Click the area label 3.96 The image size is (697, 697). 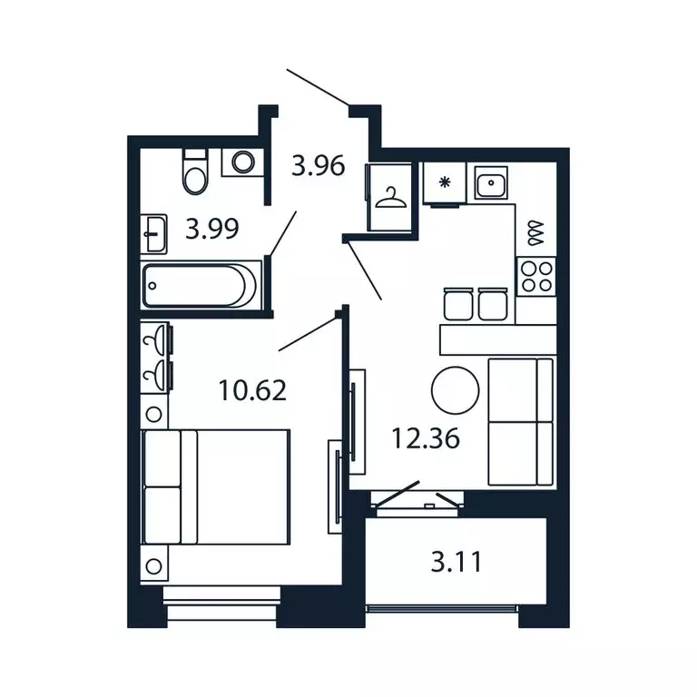(x=318, y=166)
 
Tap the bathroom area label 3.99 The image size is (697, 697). (x=211, y=229)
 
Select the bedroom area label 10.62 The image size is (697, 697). (x=252, y=390)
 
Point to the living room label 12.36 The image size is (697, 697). (x=426, y=438)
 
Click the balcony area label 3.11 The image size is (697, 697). (x=456, y=563)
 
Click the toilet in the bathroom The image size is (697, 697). (x=195, y=171)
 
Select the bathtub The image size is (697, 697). (x=200, y=285)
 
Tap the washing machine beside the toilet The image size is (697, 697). (x=243, y=162)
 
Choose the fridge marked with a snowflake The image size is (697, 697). (x=445, y=182)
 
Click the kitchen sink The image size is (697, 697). (x=491, y=184)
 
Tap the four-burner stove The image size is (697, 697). (x=535, y=275)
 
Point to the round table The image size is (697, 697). (x=454, y=389)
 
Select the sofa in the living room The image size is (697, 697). (x=521, y=421)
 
